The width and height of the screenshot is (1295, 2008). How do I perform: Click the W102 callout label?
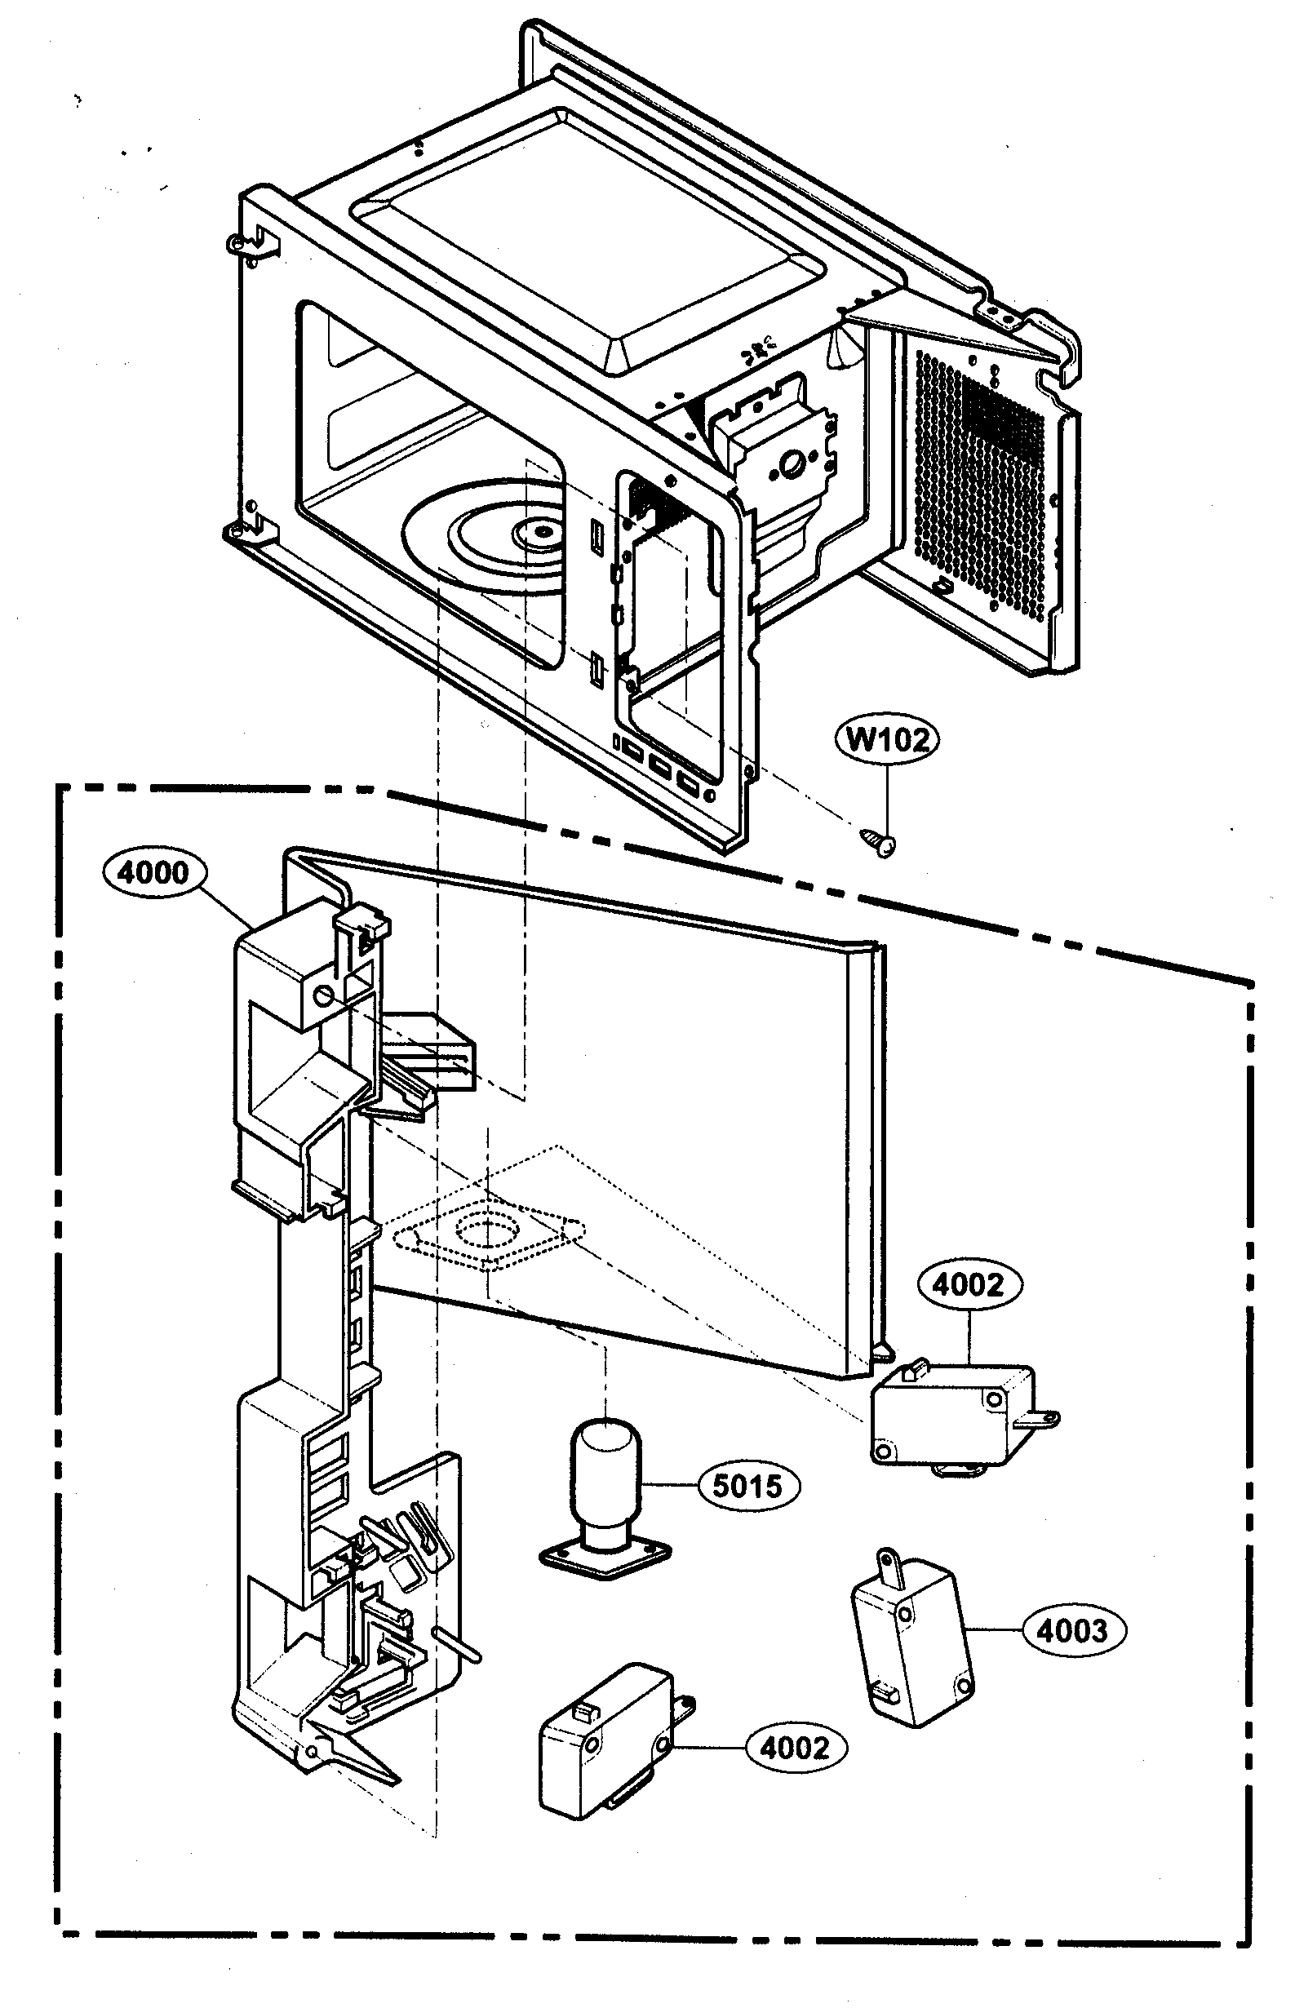click(x=888, y=739)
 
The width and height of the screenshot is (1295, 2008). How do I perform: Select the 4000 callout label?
click(x=153, y=872)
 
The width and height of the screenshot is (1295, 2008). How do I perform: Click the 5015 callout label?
click(x=747, y=1486)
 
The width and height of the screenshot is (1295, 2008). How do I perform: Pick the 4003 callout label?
click(x=1073, y=1630)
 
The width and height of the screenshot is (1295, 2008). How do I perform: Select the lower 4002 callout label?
click(x=795, y=1749)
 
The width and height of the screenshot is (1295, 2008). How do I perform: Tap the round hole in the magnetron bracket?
click(x=792, y=463)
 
